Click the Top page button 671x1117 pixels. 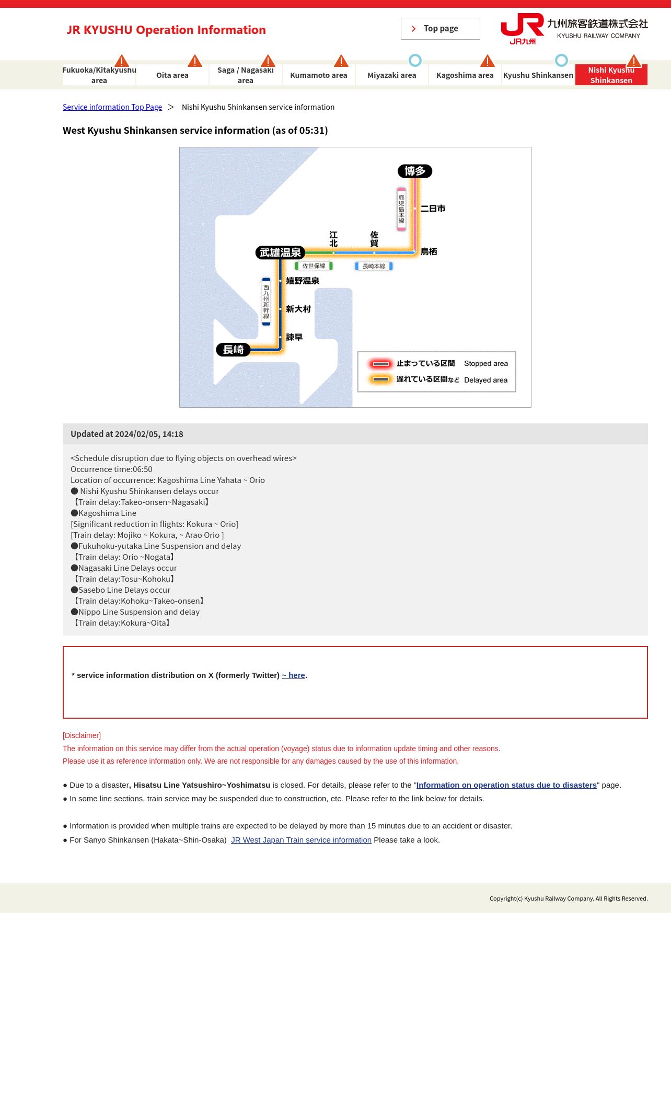(x=440, y=29)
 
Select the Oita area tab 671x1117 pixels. (x=172, y=75)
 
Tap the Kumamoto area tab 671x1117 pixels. (x=319, y=75)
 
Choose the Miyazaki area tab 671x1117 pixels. (x=392, y=75)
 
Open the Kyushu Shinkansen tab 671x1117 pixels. (x=538, y=75)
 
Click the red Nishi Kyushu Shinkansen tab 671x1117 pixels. (x=611, y=75)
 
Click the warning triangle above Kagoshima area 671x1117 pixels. (x=488, y=61)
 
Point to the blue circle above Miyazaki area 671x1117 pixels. (x=415, y=61)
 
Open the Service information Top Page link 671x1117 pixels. (x=112, y=107)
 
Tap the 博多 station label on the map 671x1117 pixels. (x=415, y=171)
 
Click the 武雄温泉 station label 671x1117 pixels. (x=280, y=252)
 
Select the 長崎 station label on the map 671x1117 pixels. (x=233, y=350)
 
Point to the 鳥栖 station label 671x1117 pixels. (x=429, y=252)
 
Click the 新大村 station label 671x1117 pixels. (x=298, y=309)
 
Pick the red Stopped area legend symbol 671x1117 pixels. (x=380, y=364)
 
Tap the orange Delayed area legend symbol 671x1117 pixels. (x=380, y=379)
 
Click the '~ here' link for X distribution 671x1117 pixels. (x=293, y=675)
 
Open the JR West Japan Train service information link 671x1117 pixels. (x=301, y=840)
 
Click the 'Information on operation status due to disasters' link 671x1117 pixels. (x=506, y=785)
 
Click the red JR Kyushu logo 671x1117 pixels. (x=522, y=29)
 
